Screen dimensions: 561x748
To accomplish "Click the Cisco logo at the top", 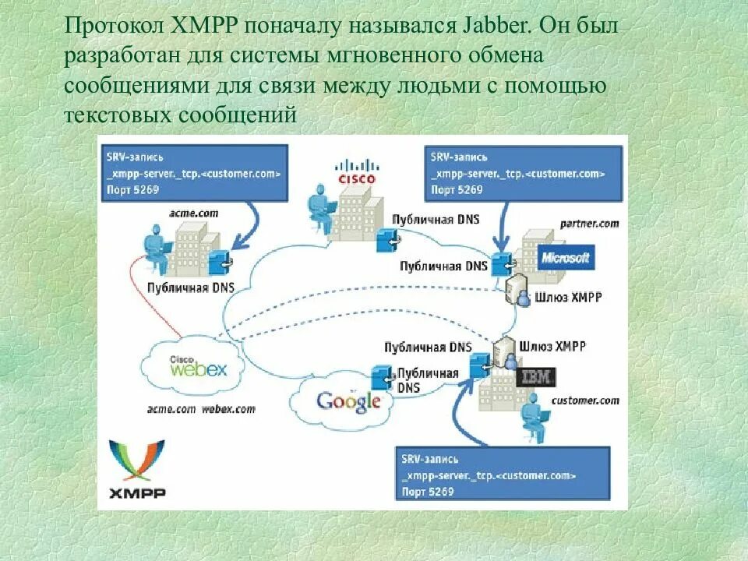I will pyautogui.click(x=355, y=171).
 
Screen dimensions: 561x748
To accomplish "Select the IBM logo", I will pyautogui.click(x=537, y=377).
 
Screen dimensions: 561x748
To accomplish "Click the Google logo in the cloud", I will pyautogui.click(x=348, y=401).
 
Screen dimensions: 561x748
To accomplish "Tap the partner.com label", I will pyautogui.click(x=589, y=223).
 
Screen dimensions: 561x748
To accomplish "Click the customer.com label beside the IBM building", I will pyautogui.click(x=584, y=400).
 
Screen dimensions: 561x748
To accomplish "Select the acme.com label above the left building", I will pyautogui.click(x=194, y=212).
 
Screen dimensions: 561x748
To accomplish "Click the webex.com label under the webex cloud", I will pyautogui.click(x=231, y=408).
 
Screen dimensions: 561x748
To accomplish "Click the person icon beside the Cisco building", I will pyautogui.click(x=320, y=202).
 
